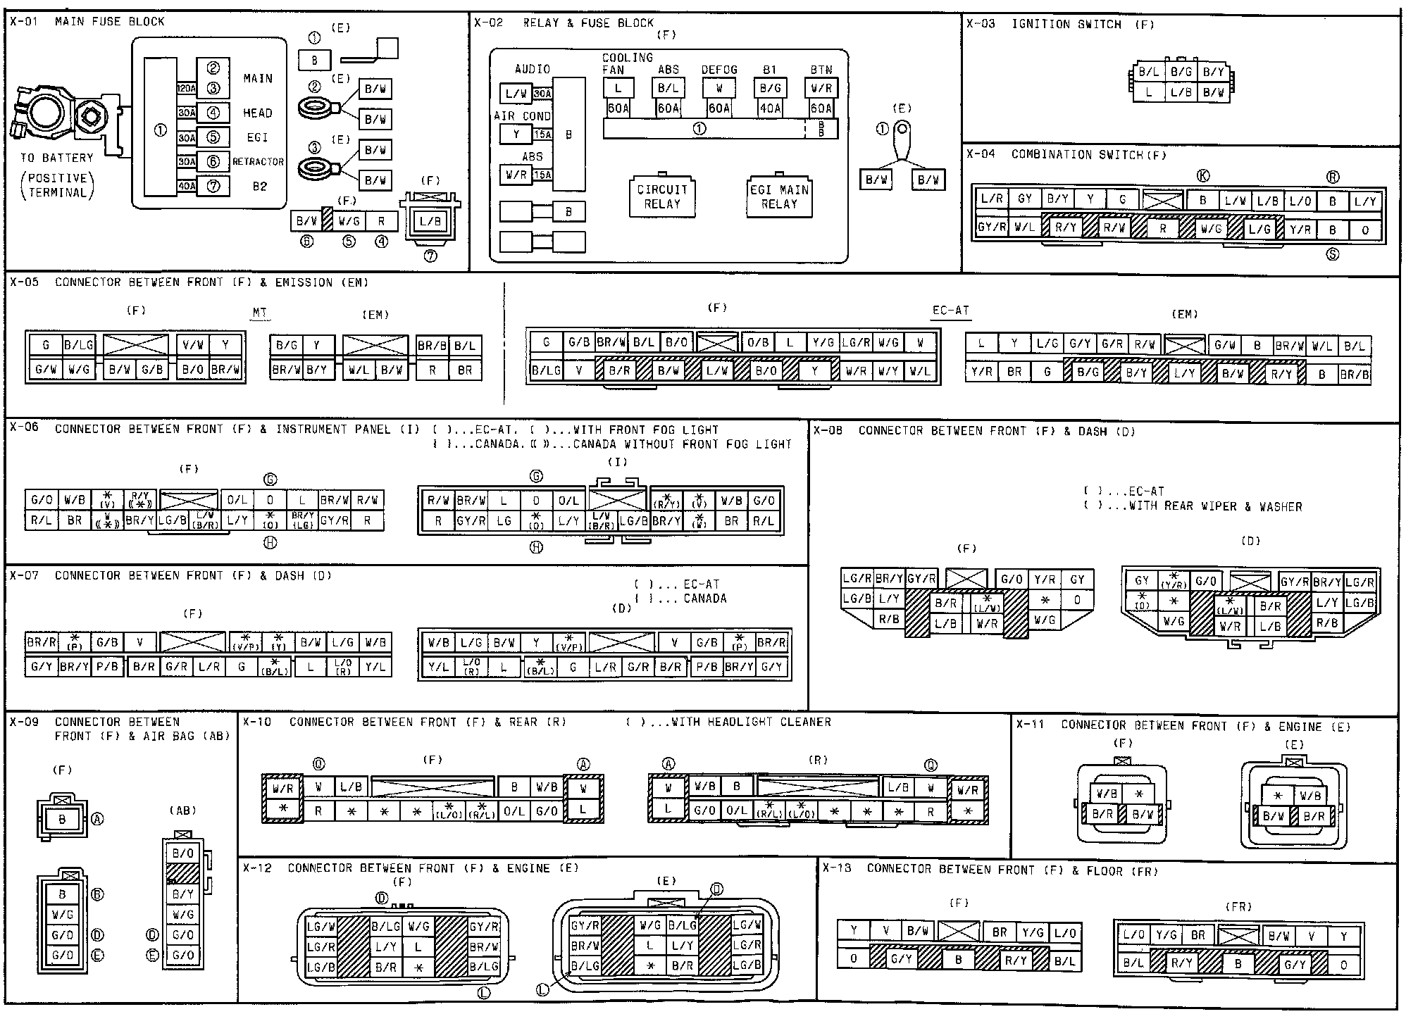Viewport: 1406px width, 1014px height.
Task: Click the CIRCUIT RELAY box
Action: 661,196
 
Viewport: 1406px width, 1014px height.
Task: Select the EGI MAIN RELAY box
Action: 779,196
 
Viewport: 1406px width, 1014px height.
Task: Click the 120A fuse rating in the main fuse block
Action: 186,89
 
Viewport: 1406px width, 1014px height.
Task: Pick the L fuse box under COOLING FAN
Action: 618,89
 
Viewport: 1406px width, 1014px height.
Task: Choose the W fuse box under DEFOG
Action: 718,89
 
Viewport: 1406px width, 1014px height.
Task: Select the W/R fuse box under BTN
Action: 821,89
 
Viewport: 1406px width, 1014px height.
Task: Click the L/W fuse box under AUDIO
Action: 516,94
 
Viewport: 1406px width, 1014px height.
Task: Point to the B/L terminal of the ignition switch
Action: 1148,72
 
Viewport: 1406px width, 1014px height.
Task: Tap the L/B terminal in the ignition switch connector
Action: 1181,92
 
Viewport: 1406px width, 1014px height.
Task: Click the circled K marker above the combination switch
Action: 1204,177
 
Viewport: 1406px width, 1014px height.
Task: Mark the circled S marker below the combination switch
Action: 1332,254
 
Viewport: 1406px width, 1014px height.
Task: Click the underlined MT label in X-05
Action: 260,313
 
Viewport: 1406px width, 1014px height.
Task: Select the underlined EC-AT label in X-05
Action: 950,310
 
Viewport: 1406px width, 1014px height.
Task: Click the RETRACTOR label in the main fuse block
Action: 258,162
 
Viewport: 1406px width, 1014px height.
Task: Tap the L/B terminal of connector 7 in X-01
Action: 430,220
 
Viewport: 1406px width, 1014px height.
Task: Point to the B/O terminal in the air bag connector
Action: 182,853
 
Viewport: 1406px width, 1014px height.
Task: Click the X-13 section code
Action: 838,869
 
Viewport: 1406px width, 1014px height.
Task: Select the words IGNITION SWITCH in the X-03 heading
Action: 1066,24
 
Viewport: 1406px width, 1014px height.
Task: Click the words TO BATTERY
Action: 56,158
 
